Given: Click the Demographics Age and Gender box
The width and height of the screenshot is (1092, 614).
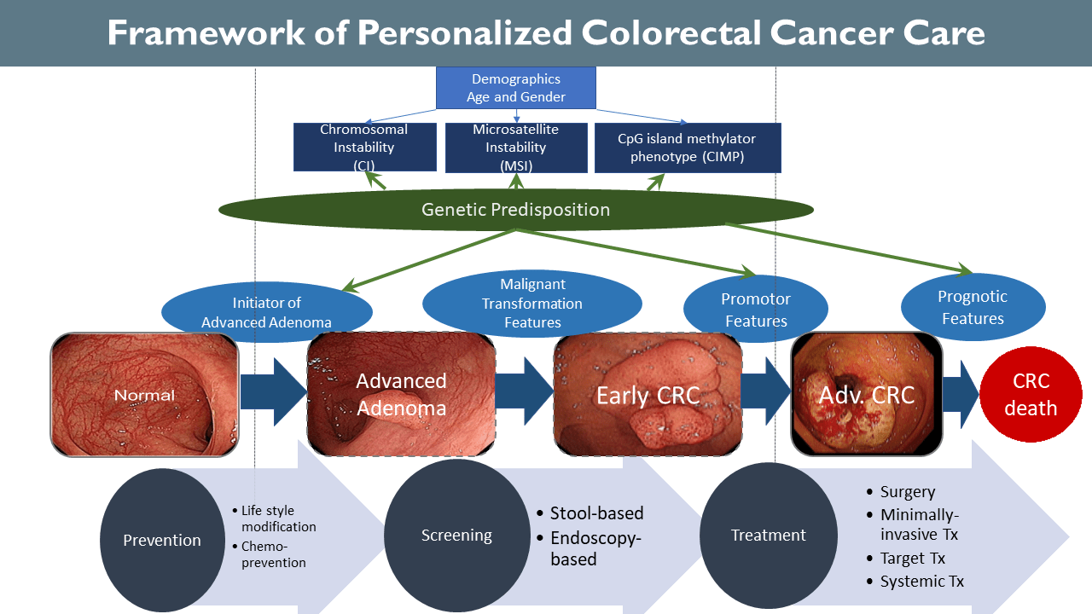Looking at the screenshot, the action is (516, 88).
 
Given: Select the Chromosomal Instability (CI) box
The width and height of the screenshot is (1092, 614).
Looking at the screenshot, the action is (364, 147).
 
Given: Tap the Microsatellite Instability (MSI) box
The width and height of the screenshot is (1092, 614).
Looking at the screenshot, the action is (516, 148).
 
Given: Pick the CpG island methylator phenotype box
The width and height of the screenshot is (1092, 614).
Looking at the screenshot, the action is (688, 148).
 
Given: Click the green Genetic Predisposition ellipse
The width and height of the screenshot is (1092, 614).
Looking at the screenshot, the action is (516, 210).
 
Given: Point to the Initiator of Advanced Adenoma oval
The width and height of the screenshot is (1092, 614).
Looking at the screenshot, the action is (267, 311).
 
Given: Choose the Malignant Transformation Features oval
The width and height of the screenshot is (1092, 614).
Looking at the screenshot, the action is (531, 303).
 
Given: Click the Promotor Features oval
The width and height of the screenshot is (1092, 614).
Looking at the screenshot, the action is (756, 309).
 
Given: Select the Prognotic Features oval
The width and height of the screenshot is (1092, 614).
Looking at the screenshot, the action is (973, 307).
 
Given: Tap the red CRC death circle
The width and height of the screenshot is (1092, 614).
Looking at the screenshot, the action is (1031, 394).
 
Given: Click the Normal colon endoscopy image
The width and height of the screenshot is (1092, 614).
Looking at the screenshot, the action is (145, 395).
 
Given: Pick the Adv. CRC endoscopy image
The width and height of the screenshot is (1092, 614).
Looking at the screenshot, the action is (866, 394).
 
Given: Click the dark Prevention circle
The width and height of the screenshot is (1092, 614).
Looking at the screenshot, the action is (162, 540).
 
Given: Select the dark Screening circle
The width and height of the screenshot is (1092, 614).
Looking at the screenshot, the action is (456, 535).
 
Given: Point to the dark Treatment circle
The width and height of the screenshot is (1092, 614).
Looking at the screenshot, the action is (769, 535).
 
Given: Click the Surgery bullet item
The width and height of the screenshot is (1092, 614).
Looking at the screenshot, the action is (901, 492).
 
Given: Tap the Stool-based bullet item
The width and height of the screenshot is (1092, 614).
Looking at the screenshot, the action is (590, 513).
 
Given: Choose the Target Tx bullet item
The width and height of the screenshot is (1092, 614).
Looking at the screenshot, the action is (906, 558).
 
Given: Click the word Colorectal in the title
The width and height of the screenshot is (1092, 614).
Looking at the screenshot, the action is (671, 32).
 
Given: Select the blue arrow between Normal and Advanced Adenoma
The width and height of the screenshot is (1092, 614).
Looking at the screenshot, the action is (274, 391).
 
